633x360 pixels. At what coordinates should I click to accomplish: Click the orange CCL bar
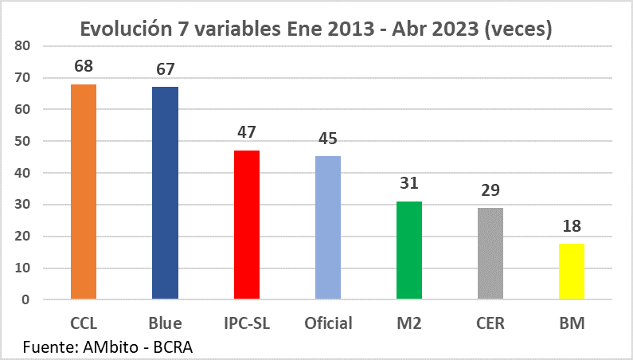[84, 192]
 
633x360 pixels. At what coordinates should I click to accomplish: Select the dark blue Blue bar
[165, 194]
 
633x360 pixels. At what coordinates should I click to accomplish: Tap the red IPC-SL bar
[247, 225]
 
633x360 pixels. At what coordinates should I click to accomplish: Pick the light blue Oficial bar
[328, 229]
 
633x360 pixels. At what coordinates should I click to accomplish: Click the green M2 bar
[409, 251]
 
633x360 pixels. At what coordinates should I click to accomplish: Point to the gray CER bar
[490, 254]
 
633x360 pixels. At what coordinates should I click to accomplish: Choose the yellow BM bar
[572, 272]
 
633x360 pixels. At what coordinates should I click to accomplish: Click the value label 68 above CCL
[84, 67]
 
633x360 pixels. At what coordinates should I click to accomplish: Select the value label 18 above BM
[572, 225]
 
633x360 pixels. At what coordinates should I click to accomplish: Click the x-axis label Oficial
[328, 323]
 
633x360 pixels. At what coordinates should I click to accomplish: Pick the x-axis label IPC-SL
[247, 323]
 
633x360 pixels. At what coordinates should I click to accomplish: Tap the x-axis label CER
[490, 323]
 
